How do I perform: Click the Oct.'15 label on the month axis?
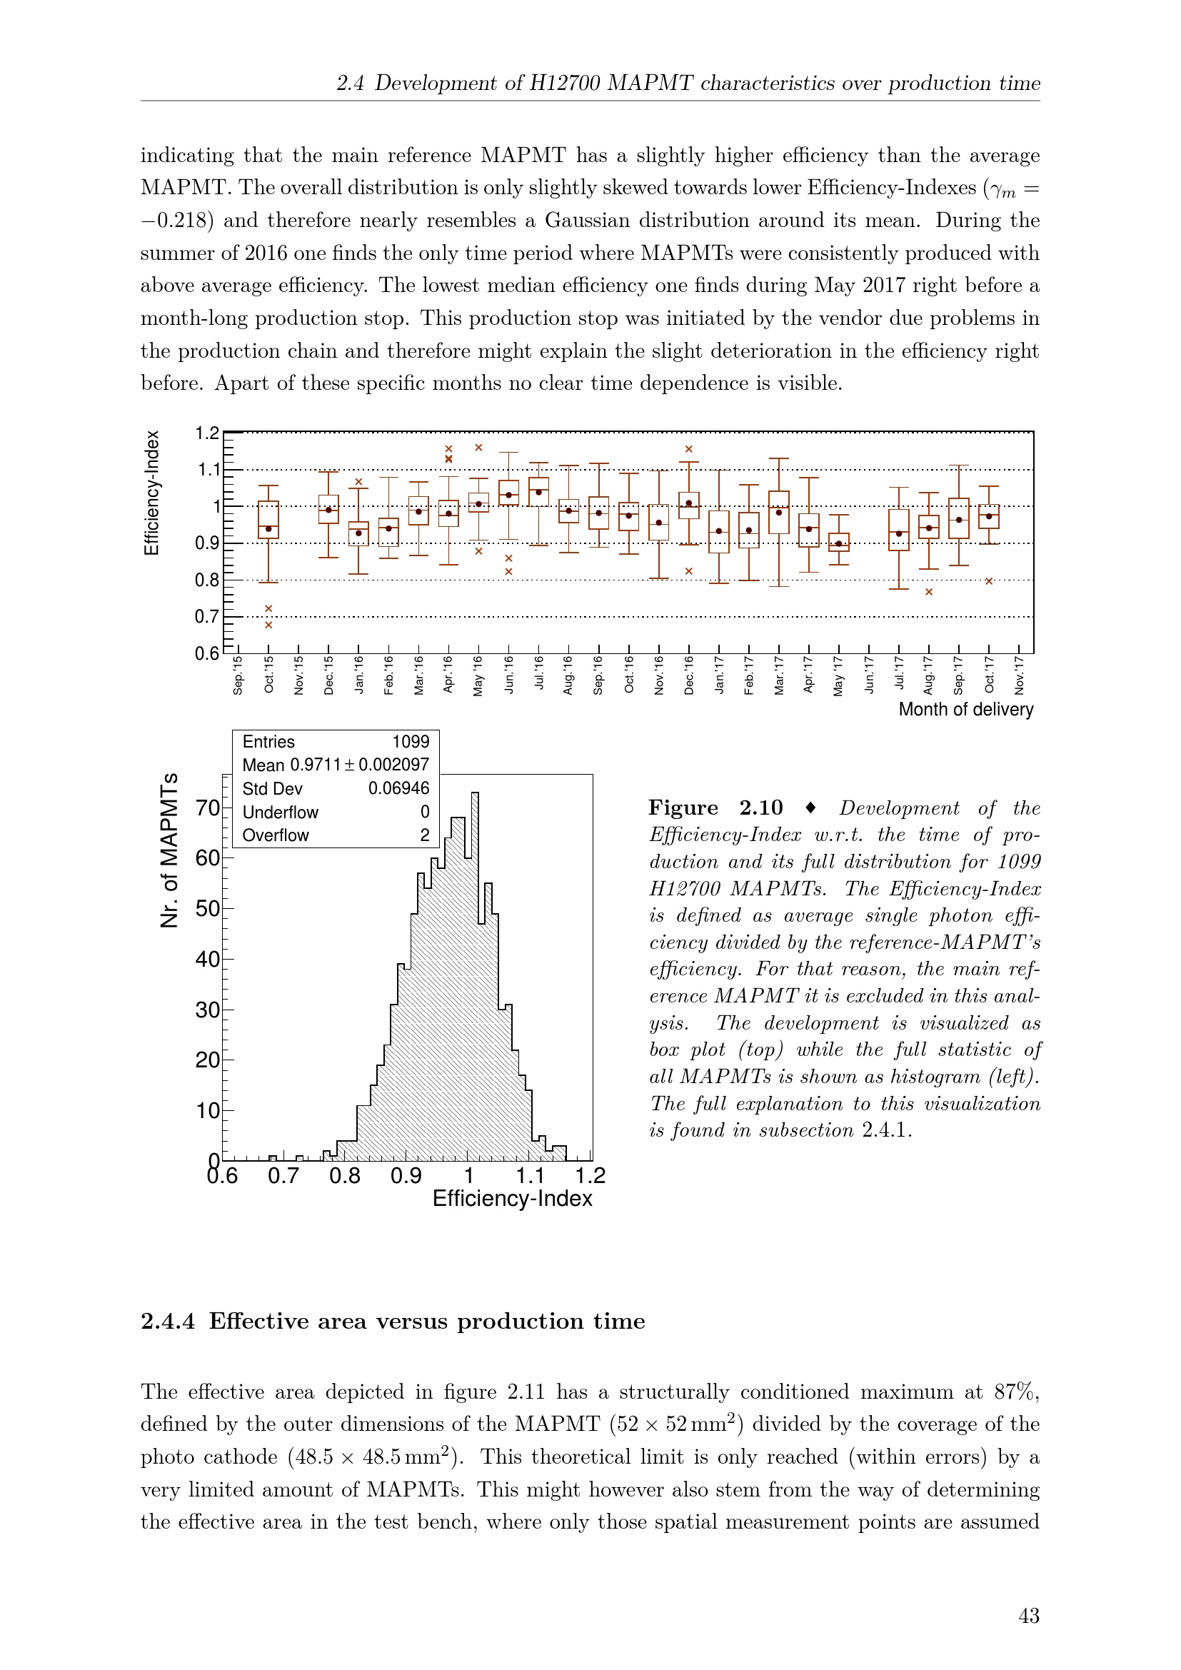click(269, 674)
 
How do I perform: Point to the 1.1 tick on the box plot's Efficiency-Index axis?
click(208, 470)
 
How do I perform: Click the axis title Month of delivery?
click(965, 709)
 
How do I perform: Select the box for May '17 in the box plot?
click(839, 542)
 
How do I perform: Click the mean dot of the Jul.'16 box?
click(539, 493)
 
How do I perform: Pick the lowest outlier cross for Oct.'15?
click(268, 625)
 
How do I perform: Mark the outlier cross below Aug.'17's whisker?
click(929, 592)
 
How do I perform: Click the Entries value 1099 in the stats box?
click(411, 742)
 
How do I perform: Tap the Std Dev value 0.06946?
click(398, 788)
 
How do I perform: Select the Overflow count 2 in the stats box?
click(425, 835)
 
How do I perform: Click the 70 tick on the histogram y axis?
click(207, 808)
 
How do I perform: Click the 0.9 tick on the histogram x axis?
click(406, 1176)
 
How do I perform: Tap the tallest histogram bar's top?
click(475, 793)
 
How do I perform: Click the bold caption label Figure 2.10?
click(715, 808)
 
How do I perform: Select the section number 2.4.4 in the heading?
click(168, 1321)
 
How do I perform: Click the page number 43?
click(1028, 1616)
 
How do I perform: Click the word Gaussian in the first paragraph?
click(594, 221)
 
